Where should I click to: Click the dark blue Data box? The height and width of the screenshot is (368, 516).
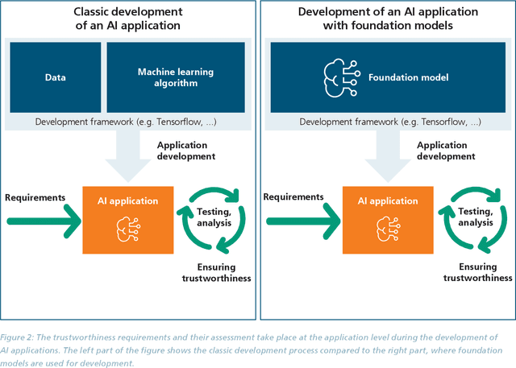click(x=55, y=78)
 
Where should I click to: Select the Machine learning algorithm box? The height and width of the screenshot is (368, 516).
click(x=176, y=78)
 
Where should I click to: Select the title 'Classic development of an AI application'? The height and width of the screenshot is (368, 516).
click(x=127, y=20)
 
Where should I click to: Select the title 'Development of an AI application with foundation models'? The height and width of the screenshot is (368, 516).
click(x=387, y=20)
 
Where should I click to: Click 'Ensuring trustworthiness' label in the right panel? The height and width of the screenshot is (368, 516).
click(x=476, y=271)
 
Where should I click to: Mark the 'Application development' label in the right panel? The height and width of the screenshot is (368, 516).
click(x=446, y=151)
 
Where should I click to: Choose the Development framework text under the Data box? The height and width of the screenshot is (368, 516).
click(x=127, y=122)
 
